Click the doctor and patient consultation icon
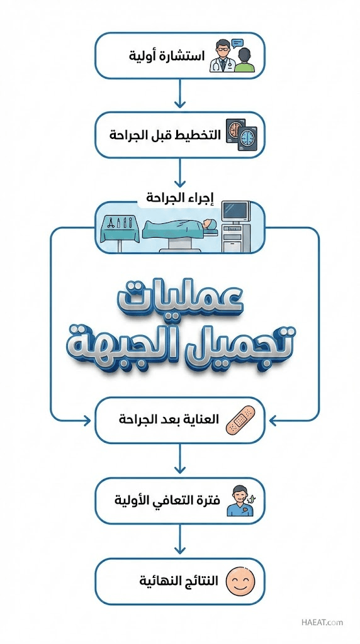click(232, 55)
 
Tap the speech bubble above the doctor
click(237, 43)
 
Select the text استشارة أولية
click(167, 56)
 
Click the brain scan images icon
click(241, 135)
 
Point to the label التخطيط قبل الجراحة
click(165, 135)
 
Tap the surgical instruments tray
click(119, 231)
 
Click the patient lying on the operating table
click(180, 226)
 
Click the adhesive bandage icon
click(241, 421)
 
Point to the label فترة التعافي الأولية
click(167, 501)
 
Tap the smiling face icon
click(241, 581)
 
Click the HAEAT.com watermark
click(322, 622)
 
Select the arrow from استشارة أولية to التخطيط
click(180, 93)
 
